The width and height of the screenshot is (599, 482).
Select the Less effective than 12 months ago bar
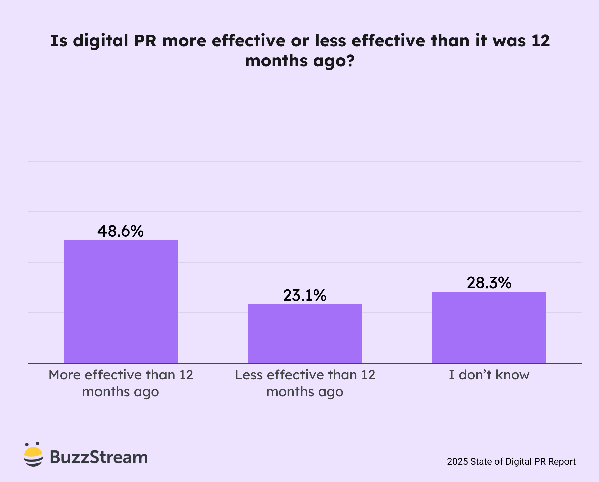pos(305,333)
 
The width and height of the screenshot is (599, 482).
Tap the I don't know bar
pos(489,327)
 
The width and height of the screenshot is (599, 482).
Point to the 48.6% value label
pos(121,231)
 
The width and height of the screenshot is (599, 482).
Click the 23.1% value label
pos(305,295)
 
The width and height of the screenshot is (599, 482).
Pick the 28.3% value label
pos(489,283)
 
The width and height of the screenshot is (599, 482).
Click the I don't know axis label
pos(489,375)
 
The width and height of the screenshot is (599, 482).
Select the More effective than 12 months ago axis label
pos(121,383)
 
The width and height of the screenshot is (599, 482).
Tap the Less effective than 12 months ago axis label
pos(305,383)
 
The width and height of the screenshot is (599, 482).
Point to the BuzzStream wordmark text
pos(99,457)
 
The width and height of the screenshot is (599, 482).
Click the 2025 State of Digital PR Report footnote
pos(511,462)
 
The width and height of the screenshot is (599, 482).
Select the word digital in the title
pos(101,41)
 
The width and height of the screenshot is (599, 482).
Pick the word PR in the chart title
pos(145,41)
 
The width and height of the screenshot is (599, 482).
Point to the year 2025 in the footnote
pos(457,462)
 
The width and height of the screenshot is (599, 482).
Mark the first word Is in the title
pos(59,41)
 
